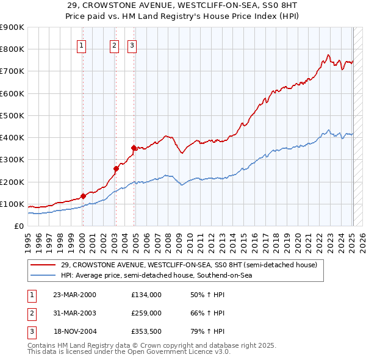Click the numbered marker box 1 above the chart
81,45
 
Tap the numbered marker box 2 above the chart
114,45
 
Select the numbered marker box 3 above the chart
132,45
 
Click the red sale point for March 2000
83,196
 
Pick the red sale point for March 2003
115,168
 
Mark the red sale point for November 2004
134,147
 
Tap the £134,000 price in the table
146,295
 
